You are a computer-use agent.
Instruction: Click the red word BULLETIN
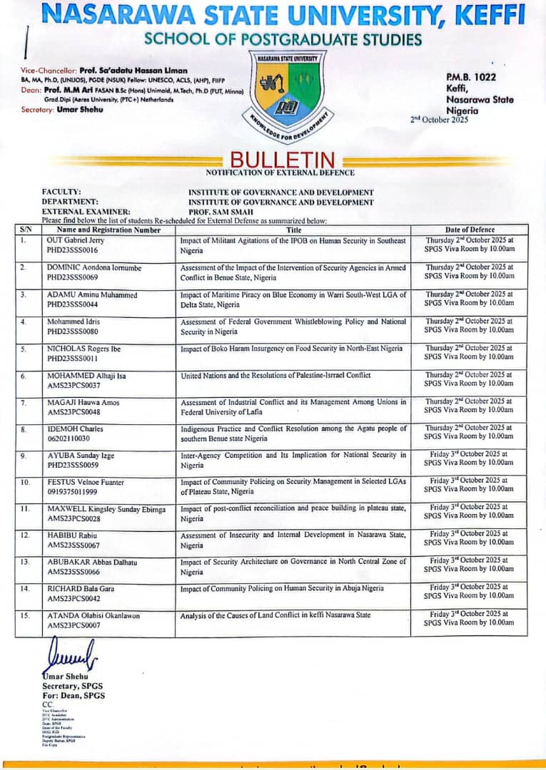pyautogui.click(x=283, y=160)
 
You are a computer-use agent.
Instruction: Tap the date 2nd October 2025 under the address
pyautogui.click(x=439, y=120)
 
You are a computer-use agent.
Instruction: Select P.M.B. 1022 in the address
pyautogui.click(x=470, y=77)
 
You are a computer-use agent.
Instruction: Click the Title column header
pyautogui.click(x=293, y=230)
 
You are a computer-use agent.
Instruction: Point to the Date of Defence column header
pyautogui.click(x=469, y=230)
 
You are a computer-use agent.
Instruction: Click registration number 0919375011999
pyautogui.click(x=76, y=492)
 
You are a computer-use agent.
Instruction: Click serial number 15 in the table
pyautogui.click(x=25, y=615)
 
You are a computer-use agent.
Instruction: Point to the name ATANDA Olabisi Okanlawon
pyautogui.click(x=93, y=615)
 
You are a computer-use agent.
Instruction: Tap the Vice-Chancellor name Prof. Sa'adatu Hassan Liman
pyautogui.click(x=133, y=70)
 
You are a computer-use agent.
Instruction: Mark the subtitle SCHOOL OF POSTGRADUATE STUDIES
pyautogui.click(x=283, y=38)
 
